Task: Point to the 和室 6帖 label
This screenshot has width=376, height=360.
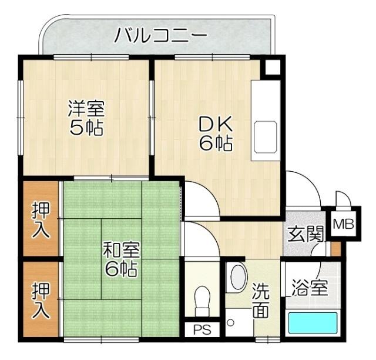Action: pyautogui.click(x=121, y=259)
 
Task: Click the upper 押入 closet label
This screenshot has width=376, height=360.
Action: pyautogui.click(x=41, y=219)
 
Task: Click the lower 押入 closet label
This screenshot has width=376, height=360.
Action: pyautogui.click(x=41, y=300)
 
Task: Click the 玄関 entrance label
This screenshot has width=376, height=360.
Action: pyautogui.click(x=305, y=234)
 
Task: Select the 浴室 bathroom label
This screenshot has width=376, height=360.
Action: pyautogui.click(x=310, y=289)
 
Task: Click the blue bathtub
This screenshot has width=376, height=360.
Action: pyautogui.click(x=313, y=323)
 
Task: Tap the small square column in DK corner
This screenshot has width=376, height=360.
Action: pyautogui.click(x=271, y=67)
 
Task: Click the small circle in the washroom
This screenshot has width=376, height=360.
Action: pyautogui.click(x=231, y=322)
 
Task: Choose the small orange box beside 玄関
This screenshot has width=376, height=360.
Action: pyautogui.click(x=335, y=248)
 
